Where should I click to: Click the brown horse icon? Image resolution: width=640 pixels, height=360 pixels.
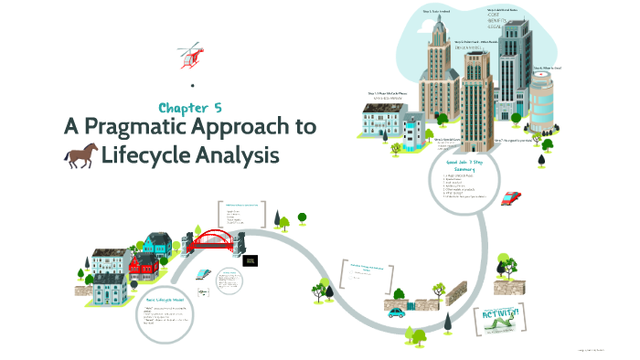80,156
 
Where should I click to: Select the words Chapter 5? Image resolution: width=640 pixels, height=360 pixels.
191,108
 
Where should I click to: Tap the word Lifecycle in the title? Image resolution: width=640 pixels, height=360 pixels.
146,156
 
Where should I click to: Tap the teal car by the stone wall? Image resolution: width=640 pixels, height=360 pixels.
397,312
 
